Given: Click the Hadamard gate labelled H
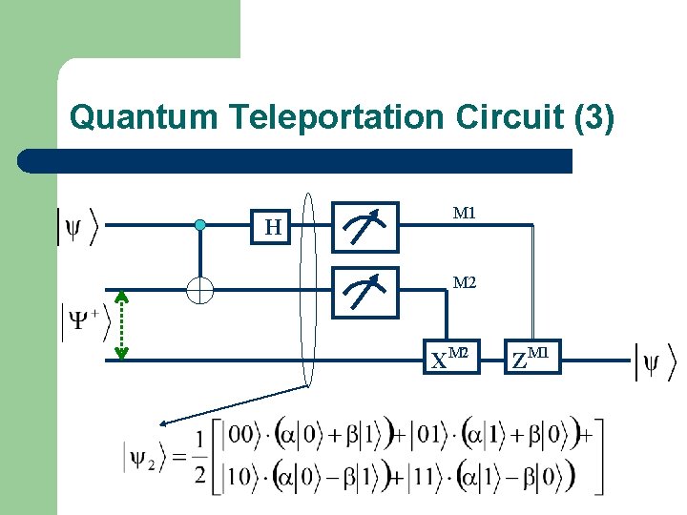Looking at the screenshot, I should click(x=274, y=226).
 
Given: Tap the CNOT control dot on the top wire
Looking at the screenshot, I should click(x=199, y=225).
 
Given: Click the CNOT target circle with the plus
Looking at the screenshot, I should click(x=199, y=289).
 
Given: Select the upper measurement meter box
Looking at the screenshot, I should click(x=367, y=226).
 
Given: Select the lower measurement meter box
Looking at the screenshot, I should click(x=367, y=291).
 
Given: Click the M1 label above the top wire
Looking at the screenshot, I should click(x=465, y=214).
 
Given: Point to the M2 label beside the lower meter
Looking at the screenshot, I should click(x=465, y=282).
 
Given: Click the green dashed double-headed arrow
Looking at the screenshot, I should click(x=121, y=324).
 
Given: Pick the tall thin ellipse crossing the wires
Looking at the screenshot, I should click(x=307, y=291).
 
